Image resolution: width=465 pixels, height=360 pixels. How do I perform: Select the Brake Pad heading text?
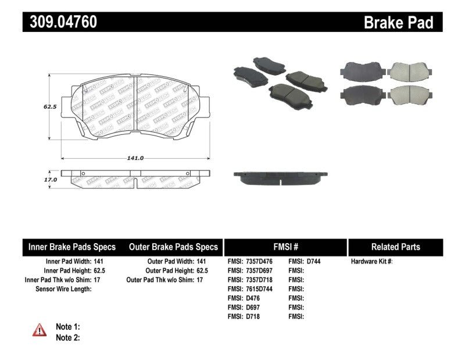398,23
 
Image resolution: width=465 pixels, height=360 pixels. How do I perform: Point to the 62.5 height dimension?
49,107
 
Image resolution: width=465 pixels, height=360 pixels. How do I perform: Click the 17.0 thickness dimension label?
51,180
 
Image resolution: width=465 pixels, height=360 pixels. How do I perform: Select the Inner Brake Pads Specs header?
72,247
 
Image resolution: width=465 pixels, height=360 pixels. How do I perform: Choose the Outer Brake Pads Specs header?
173,247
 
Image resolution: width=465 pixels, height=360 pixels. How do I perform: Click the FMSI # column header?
285,247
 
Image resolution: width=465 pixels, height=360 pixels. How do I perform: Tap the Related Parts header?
395,247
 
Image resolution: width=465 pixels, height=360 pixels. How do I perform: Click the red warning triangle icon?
40,330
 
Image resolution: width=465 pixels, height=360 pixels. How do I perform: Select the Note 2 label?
67,337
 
